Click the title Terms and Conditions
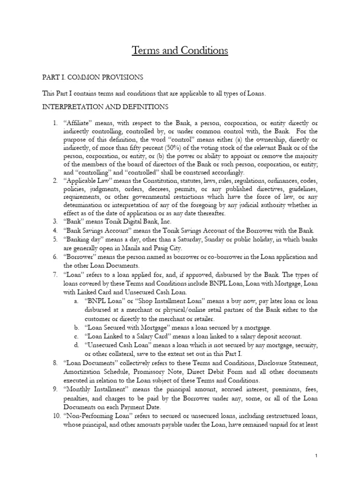(180, 50)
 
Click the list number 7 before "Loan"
(55, 274)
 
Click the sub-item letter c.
(76, 336)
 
